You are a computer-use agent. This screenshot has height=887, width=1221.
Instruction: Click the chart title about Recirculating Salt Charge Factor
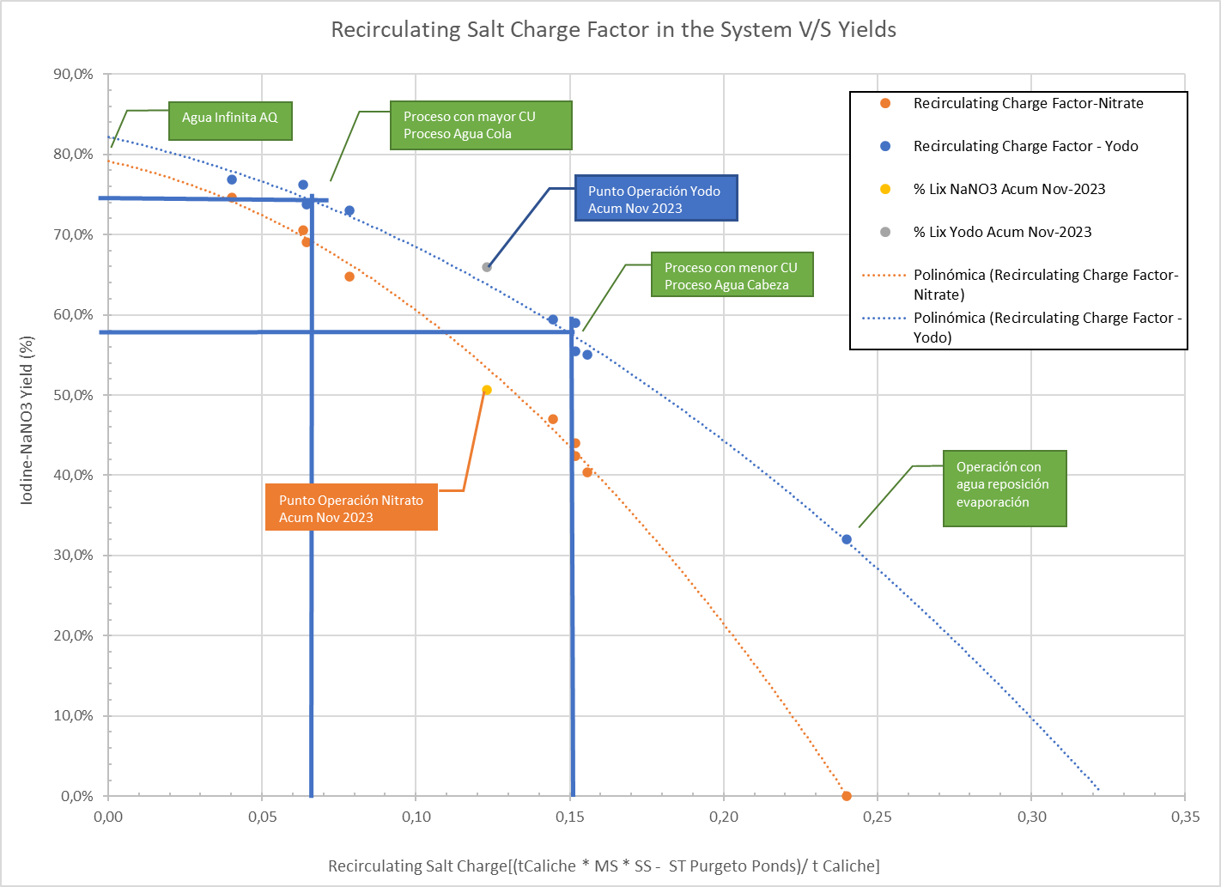[x=613, y=29]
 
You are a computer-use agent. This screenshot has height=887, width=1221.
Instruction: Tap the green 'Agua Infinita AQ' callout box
[x=230, y=120]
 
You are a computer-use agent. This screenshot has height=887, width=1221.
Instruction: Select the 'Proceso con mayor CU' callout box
[x=481, y=125]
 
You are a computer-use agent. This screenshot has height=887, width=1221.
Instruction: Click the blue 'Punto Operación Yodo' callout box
[x=656, y=197]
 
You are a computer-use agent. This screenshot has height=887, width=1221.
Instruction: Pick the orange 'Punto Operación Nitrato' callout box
[x=351, y=507]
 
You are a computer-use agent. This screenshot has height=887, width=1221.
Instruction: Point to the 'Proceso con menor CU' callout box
[x=732, y=274]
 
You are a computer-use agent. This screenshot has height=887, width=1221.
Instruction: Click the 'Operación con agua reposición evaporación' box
[x=1005, y=488]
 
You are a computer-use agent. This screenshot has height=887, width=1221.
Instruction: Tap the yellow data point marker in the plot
[x=487, y=390]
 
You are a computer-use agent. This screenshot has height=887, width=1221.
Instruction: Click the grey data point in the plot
[x=487, y=267]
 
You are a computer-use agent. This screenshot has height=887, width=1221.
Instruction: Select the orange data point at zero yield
[x=847, y=796]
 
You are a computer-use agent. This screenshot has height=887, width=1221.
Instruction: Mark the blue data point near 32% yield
[x=847, y=539]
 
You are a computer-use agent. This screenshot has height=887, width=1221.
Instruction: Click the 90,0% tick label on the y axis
[x=73, y=74]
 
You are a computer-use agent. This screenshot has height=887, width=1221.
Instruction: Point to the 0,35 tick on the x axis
[x=1185, y=817]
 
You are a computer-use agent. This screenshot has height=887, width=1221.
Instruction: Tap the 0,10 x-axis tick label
[x=416, y=817]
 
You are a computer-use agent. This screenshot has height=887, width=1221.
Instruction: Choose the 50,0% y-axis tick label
[x=73, y=395]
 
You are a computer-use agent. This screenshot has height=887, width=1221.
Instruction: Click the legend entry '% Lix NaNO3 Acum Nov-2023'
[x=1009, y=189]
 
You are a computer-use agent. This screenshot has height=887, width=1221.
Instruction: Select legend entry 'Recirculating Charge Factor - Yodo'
[x=1025, y=146]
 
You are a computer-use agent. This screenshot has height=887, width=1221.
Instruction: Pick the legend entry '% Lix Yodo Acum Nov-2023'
[x=1002, y=232]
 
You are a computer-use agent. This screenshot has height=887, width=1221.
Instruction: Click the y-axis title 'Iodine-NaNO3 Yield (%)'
[x=27, y=421]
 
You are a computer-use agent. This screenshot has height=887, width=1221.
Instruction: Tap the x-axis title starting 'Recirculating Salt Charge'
[x=604, y=866]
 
